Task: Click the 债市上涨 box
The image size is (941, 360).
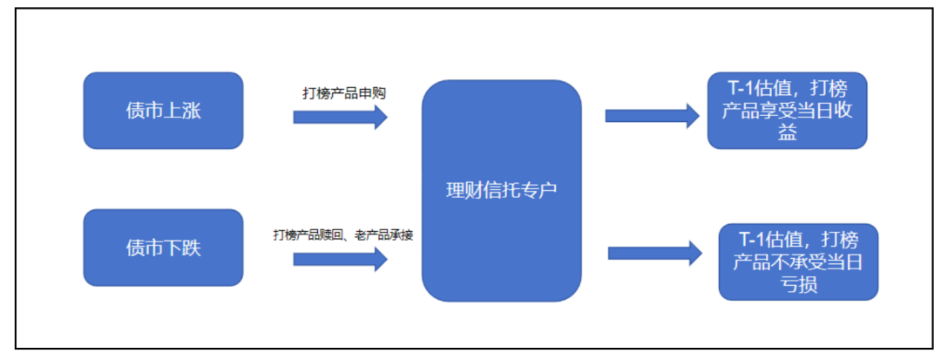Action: [x=163, y=110]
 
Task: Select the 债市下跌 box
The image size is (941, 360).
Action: [x=163, y=248]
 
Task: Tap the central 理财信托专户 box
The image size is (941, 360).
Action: [x=501, y=191]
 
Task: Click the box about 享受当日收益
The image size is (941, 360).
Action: [x=787, y=111]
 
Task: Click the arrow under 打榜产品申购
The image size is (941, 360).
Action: [x=340, y=117]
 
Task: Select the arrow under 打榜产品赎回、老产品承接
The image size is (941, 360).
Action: [x=340, y=258]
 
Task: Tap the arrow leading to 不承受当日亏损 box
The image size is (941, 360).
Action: [x=654, y=253]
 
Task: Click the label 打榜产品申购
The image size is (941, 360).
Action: [x=343, y=92]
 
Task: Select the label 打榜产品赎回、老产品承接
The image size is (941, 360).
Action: [x=342, y=234]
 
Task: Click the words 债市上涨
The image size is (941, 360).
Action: [x=163, y=111]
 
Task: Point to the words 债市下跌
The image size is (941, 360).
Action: [x=163, y=248]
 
